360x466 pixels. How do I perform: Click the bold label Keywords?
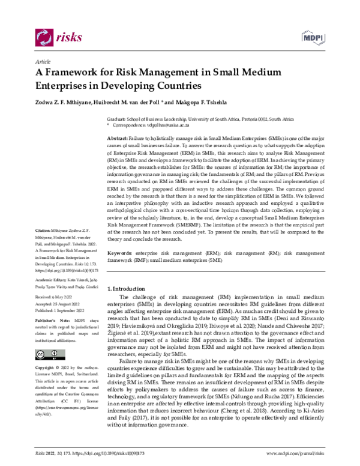click(119, 255)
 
